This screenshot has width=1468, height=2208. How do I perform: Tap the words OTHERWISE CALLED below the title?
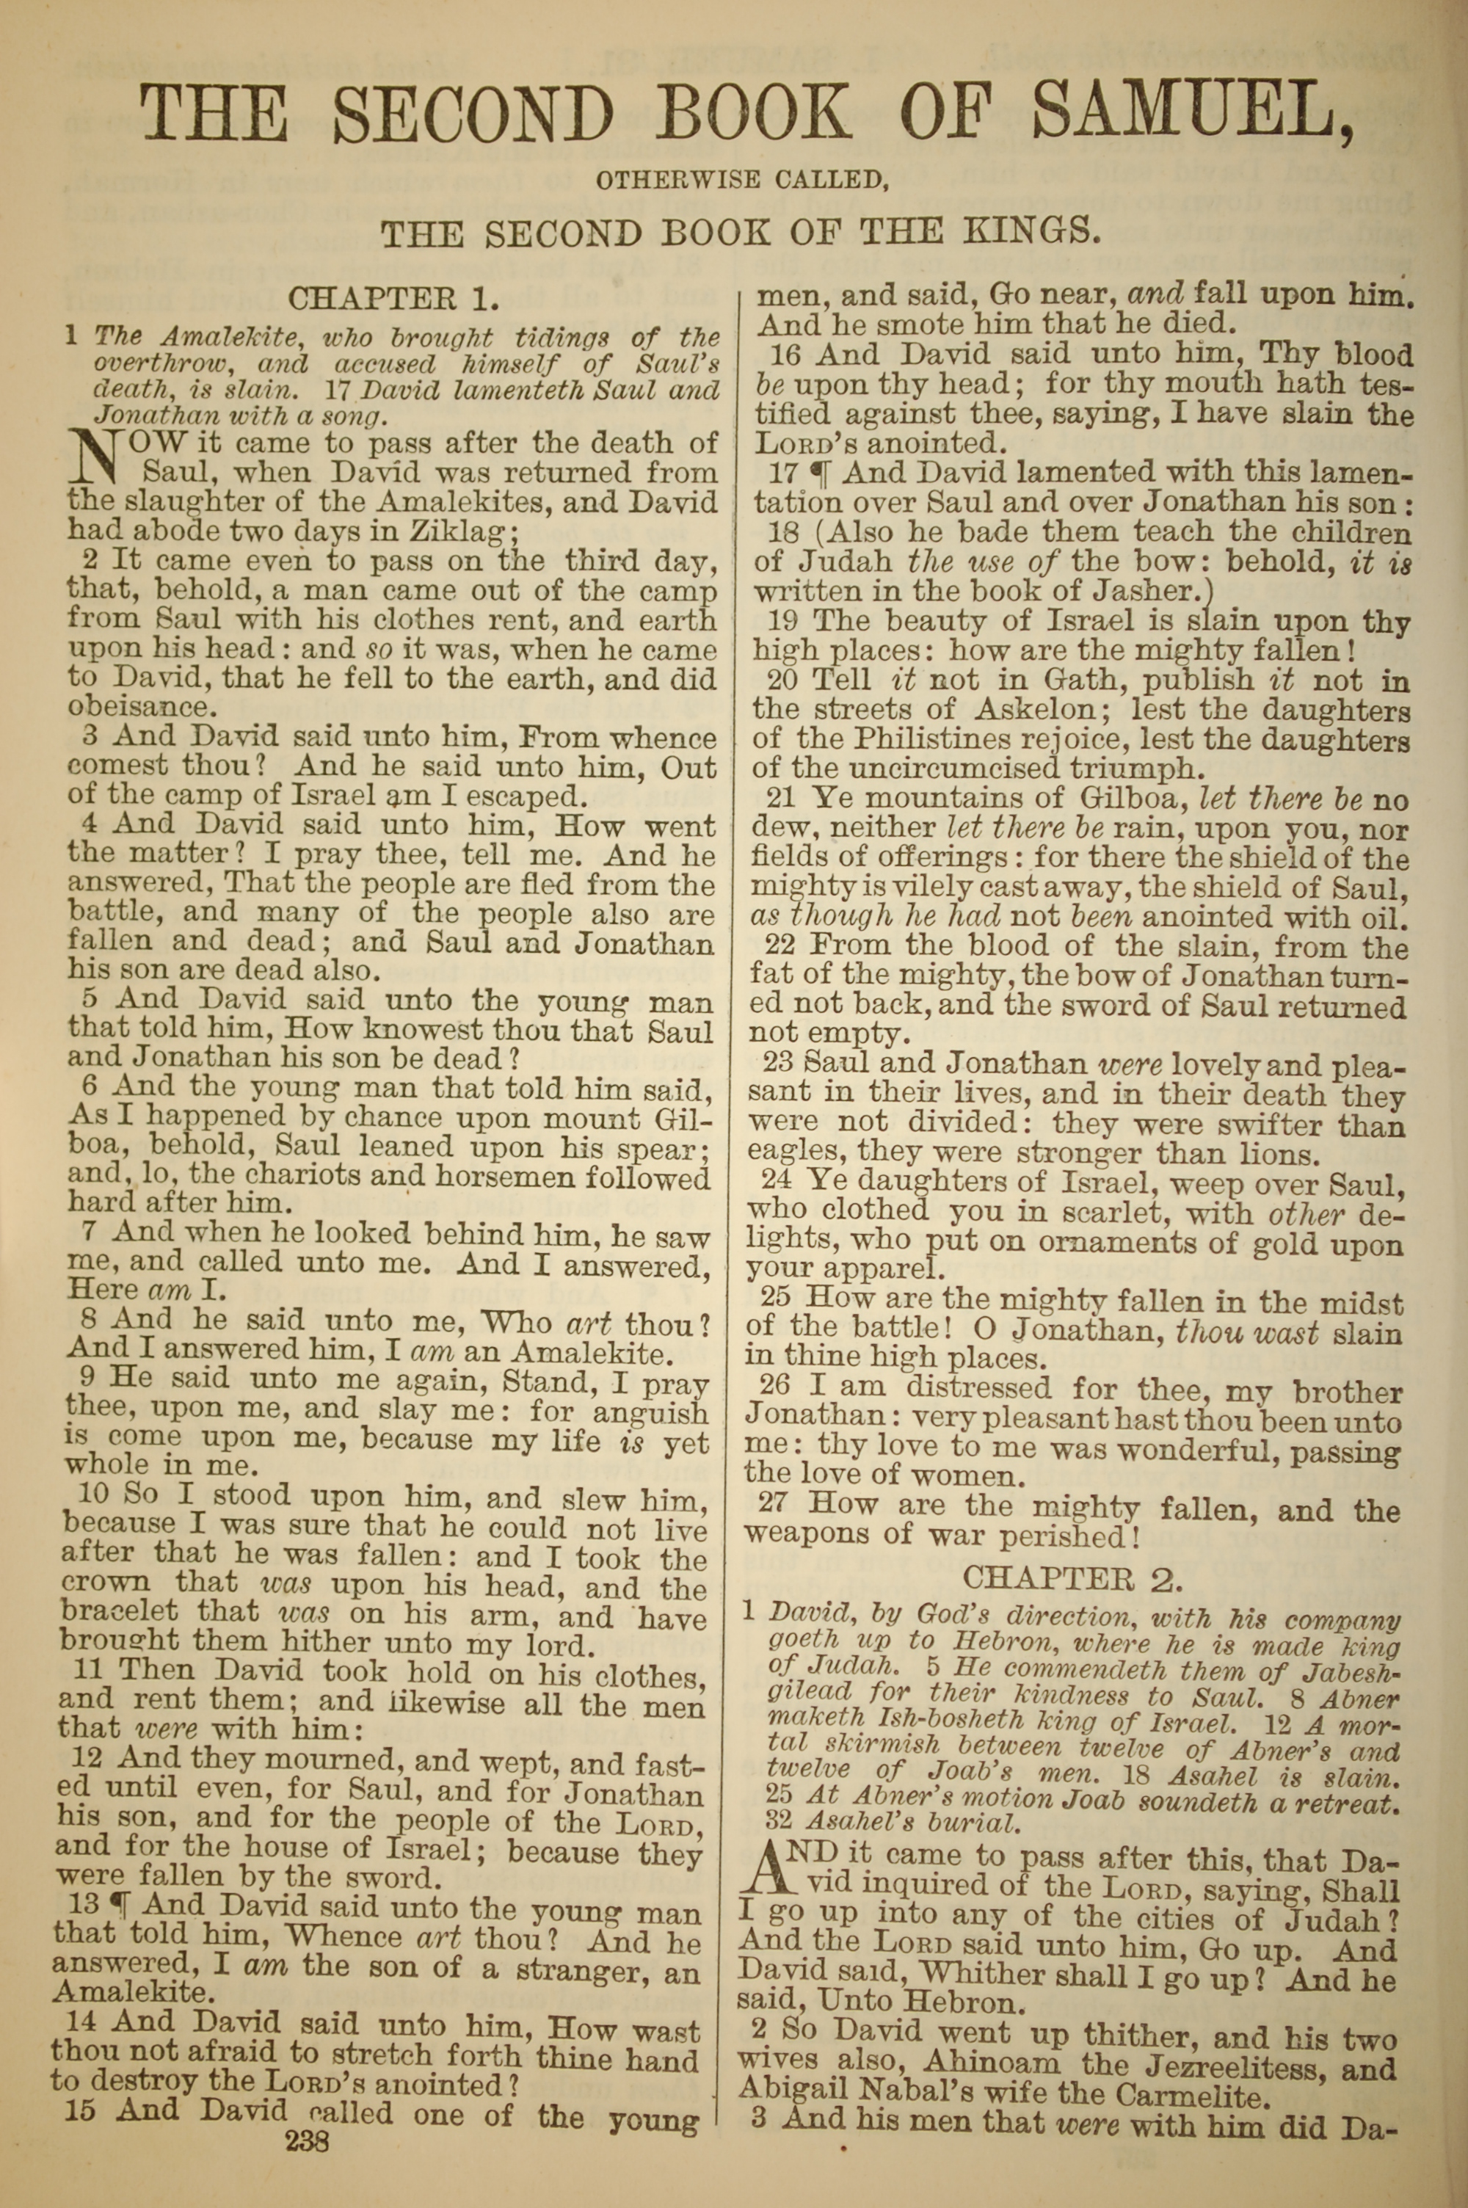tap(741, 180)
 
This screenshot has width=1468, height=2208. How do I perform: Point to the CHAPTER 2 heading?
tap(1073, 1579)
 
